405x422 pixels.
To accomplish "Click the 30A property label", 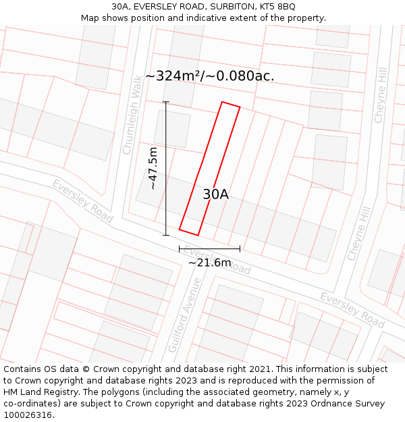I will click(215, 194).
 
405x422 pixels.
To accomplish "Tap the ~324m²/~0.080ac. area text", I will click(209, 76).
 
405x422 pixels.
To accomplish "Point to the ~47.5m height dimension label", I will click(153, 168).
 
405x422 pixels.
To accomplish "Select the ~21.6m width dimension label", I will click(209, 262).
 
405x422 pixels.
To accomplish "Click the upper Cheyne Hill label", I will click(381, 95).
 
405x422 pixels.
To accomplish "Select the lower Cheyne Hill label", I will click(360, 233).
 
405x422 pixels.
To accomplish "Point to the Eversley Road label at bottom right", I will click(352, 306).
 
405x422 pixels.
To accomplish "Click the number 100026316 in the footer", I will click(28, 415).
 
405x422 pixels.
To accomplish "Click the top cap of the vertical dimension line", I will click(166, 102).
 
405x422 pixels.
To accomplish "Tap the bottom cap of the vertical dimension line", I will click(166, 235).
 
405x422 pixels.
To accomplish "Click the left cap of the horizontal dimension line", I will click(180, 249).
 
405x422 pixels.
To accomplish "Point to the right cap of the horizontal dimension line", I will click(240, 249).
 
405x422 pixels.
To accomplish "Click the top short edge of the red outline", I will click(231, 105).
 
